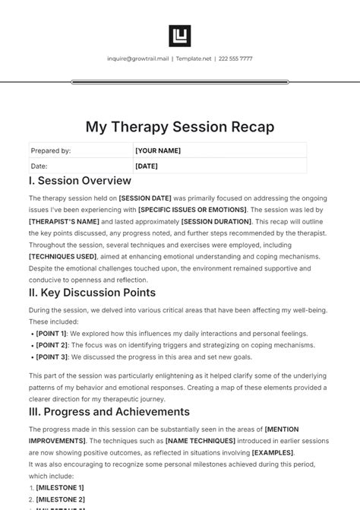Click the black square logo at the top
point(180,36)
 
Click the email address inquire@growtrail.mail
point(139,59)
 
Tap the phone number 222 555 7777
point(235,59)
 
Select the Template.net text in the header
point(193,59)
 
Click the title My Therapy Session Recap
point(180,125)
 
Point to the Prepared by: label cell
point(51,150)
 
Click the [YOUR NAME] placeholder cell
point(158,150)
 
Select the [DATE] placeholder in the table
point(147,166)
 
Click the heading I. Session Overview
point(80,181)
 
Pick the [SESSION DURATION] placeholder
point(216,220)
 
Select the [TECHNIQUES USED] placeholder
point(62,257)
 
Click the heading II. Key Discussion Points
point(92,293)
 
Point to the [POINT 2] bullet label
point(52,345)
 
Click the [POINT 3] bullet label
point(52,356)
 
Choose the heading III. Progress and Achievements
point(109,411)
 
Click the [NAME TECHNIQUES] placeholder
point(173,440)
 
